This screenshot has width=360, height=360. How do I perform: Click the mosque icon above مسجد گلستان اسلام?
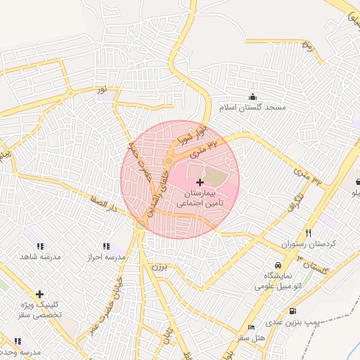point(252,96)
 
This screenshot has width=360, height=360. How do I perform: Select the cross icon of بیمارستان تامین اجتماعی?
point(200,182)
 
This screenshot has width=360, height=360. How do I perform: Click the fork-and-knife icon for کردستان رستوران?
point(308,233)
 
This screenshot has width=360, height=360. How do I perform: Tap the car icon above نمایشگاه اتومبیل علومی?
point(279,265)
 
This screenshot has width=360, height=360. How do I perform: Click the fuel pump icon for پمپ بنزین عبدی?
point(292,311)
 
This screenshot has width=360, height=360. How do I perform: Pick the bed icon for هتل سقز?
point(252,328)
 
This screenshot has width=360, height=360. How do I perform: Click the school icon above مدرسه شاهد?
point(40,246)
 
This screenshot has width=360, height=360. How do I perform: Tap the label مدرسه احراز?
point(106,257)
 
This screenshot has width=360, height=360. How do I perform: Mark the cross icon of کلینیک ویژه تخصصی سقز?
point(39,294)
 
